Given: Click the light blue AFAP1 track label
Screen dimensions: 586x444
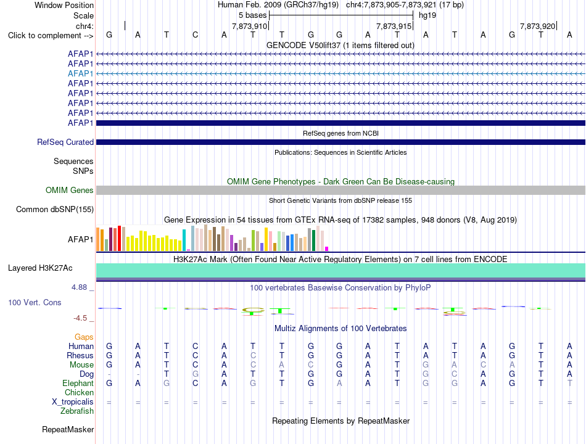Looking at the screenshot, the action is (x=80, y=73).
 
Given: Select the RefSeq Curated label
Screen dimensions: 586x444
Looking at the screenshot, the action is (x=65, y=142).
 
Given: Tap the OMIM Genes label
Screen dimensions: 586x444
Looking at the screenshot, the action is (x=70, y=190).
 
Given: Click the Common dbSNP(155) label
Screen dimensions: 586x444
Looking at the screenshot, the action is (x=55, y=209).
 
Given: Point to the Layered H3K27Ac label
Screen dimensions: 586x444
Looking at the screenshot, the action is (x=40, y=268).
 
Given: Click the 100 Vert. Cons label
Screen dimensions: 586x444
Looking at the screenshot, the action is (x=35, y=302).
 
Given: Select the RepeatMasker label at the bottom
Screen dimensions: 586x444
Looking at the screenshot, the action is (x=68, y=429).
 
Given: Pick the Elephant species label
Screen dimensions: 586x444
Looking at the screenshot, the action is (x=78, y=383).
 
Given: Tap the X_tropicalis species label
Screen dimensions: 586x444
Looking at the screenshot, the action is (x=73, y=402).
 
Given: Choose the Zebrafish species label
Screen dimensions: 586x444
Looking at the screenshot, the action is (x=77, y=411).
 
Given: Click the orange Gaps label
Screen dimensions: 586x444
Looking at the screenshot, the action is (x=84, y=337).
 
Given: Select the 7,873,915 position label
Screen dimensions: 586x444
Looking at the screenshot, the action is (x=394, y=26).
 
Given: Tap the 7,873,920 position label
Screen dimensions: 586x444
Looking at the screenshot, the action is (x=537, y=26).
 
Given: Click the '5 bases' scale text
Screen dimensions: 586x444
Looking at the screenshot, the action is (x=253, y=15).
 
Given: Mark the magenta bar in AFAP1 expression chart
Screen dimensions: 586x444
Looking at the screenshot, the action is (x=327, y=249).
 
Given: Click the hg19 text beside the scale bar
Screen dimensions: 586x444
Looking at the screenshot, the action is (x=427, y=15).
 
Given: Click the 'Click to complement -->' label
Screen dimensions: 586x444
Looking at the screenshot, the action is (x=51, y=36).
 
